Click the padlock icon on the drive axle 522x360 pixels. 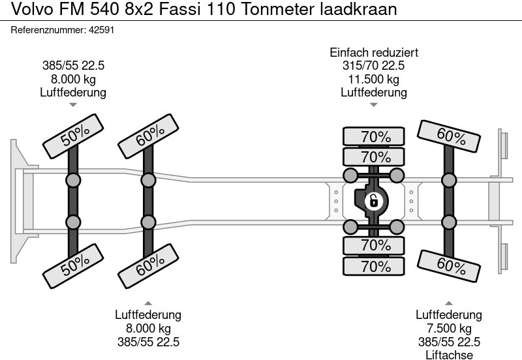pyautogui.click(x=374, y=201)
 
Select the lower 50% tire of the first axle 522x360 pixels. pyautogui.click(x=75, y=262)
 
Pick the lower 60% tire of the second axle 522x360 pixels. pyautogui.click(x=150, y=263)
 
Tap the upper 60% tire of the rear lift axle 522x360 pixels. pyautogui.click(x=450, y=137)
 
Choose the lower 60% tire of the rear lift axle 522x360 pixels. pyautogui.click(x=450, y=263)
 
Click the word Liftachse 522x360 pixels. pyautogui.click(x=450, y=355)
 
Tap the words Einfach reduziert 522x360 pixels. pyautogui.click(x=374, y=53)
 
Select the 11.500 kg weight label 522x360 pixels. pyautogui.click(x=374, y=79)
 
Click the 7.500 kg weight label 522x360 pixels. pyautogui.click(x=450, y=328)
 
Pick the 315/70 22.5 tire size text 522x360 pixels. pyautogui.click(x=374, y=66)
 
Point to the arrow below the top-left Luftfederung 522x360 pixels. pyautogui.click(x=74, y=104)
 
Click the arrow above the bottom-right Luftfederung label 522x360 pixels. pyautogui.click(x=450, y=303)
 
